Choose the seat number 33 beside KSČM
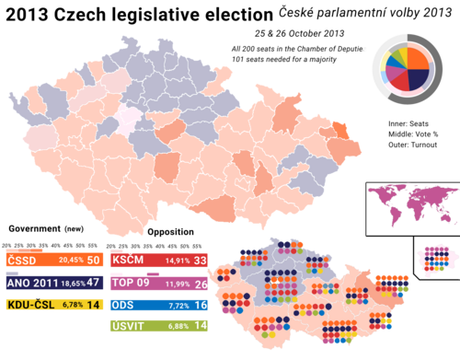[200, 261]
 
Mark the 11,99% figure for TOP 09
[178, 284]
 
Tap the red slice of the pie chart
[399, 86]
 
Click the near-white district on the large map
[128, 117]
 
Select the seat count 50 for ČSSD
[94, 261]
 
